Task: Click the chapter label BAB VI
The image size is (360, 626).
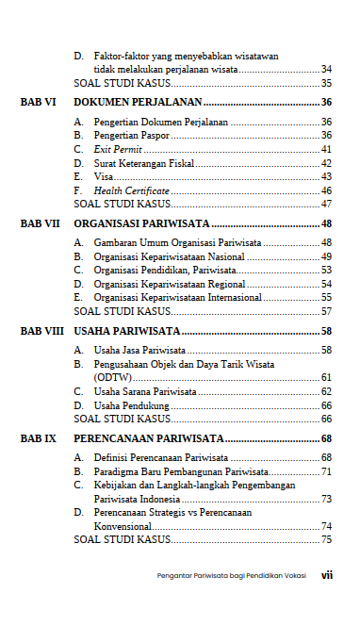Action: (39, 103)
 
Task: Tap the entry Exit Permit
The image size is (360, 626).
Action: (115, 149)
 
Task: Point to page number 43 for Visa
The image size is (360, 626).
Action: (326, 176)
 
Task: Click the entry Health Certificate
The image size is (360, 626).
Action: (131, 189)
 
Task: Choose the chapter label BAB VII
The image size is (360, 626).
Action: (40, 224)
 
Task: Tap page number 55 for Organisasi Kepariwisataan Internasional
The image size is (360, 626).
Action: (326, 297)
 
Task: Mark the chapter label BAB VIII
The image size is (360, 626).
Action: (41, 332)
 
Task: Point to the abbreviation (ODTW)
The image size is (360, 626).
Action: (112, 377)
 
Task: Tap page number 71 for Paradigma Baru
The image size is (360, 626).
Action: (326, 471)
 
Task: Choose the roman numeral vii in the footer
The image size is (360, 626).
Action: (326, 575)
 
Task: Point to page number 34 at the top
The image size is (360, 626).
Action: (326, 70)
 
